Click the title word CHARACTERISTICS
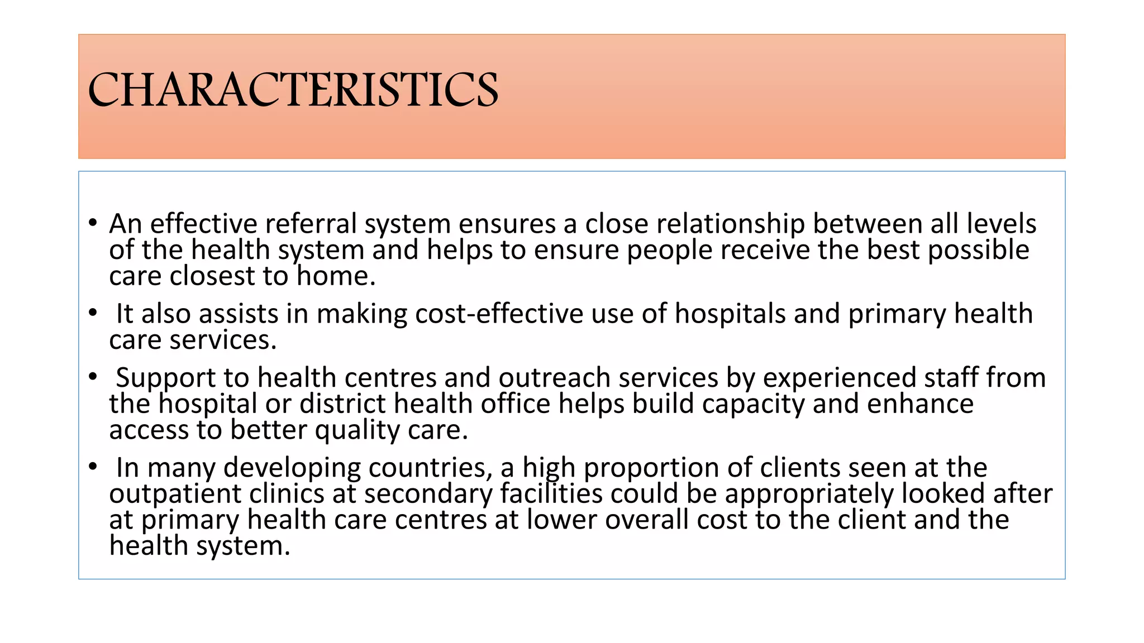coord(293,90)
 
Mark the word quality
coord(357,430)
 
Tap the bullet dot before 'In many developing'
coord(93,467)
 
